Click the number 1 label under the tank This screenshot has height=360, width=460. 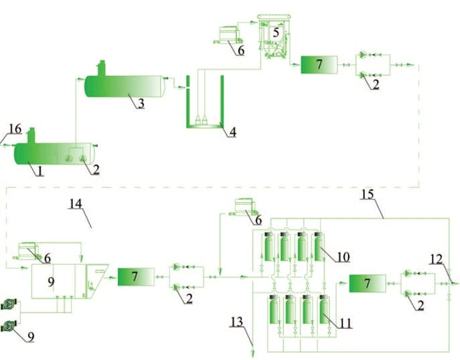pyautogui.click(x=40, y=171)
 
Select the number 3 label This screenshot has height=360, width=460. pyautogui.click(x=141, y=104)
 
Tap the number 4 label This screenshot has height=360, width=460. pyautogui.click(x=232, y=132)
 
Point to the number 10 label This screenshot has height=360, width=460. pyautogui.click(x=343, y=256)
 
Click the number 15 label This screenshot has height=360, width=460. pyautogui.click(x=368, y=194)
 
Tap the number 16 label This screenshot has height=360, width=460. pyautogui.click(x=15, y=127)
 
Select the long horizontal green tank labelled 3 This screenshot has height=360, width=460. pyautogui.click(x=124, y=86)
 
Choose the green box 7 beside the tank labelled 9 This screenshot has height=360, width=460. pyautogui.click(x=136, y=276)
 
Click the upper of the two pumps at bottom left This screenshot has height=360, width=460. pyautogui.click(x=8, y=304)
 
